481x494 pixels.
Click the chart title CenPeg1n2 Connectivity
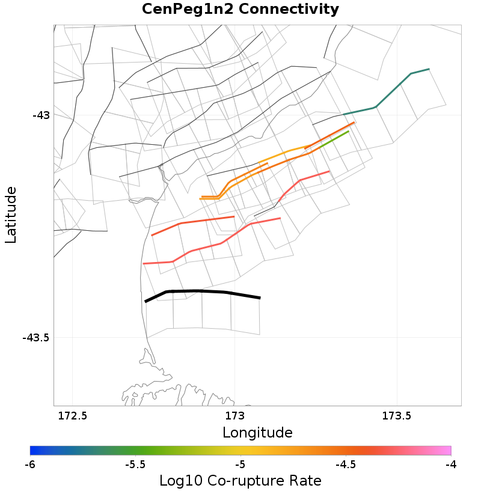coord(240,10)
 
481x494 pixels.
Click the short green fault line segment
coord(333,139)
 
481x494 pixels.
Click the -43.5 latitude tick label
coord(35,338)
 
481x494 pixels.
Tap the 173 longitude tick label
coord(234,416)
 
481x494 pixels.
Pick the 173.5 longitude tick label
coord(396,416)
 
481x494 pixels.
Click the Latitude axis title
coord(11,215)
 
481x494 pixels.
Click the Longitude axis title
coord(257,433)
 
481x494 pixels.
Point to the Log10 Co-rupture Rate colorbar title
coord(240,481)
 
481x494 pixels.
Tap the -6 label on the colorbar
coord(30,465)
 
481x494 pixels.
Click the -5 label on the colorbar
coord(240,465)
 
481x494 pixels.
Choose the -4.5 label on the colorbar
coord(345,465)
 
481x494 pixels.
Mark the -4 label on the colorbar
coord(450,465)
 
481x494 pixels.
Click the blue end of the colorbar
coord(34,451)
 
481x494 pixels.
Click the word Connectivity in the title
coord(290,10)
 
